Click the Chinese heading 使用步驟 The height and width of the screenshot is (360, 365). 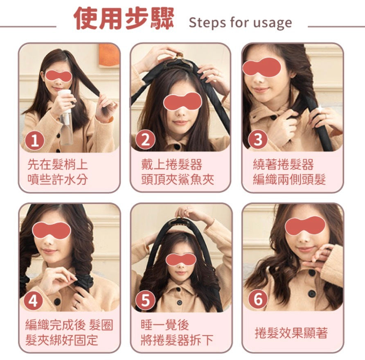point(124,19)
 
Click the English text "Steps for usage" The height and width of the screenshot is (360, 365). point(241,23)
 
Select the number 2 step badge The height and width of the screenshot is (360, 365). point(145,140)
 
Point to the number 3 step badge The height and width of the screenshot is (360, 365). point(258,139)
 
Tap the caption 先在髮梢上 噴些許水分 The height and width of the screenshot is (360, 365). point(58,172)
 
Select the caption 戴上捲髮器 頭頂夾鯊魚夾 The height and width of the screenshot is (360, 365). point(177,172)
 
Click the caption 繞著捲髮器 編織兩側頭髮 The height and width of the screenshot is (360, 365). point(289,172)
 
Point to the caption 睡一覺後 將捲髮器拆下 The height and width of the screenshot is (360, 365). point(177,332)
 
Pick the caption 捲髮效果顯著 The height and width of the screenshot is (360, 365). point(291,333)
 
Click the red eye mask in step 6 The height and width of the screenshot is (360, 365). point(305,226)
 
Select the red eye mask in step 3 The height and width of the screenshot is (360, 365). point(261,67)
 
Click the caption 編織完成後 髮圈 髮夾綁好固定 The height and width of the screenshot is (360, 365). point(69,332)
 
